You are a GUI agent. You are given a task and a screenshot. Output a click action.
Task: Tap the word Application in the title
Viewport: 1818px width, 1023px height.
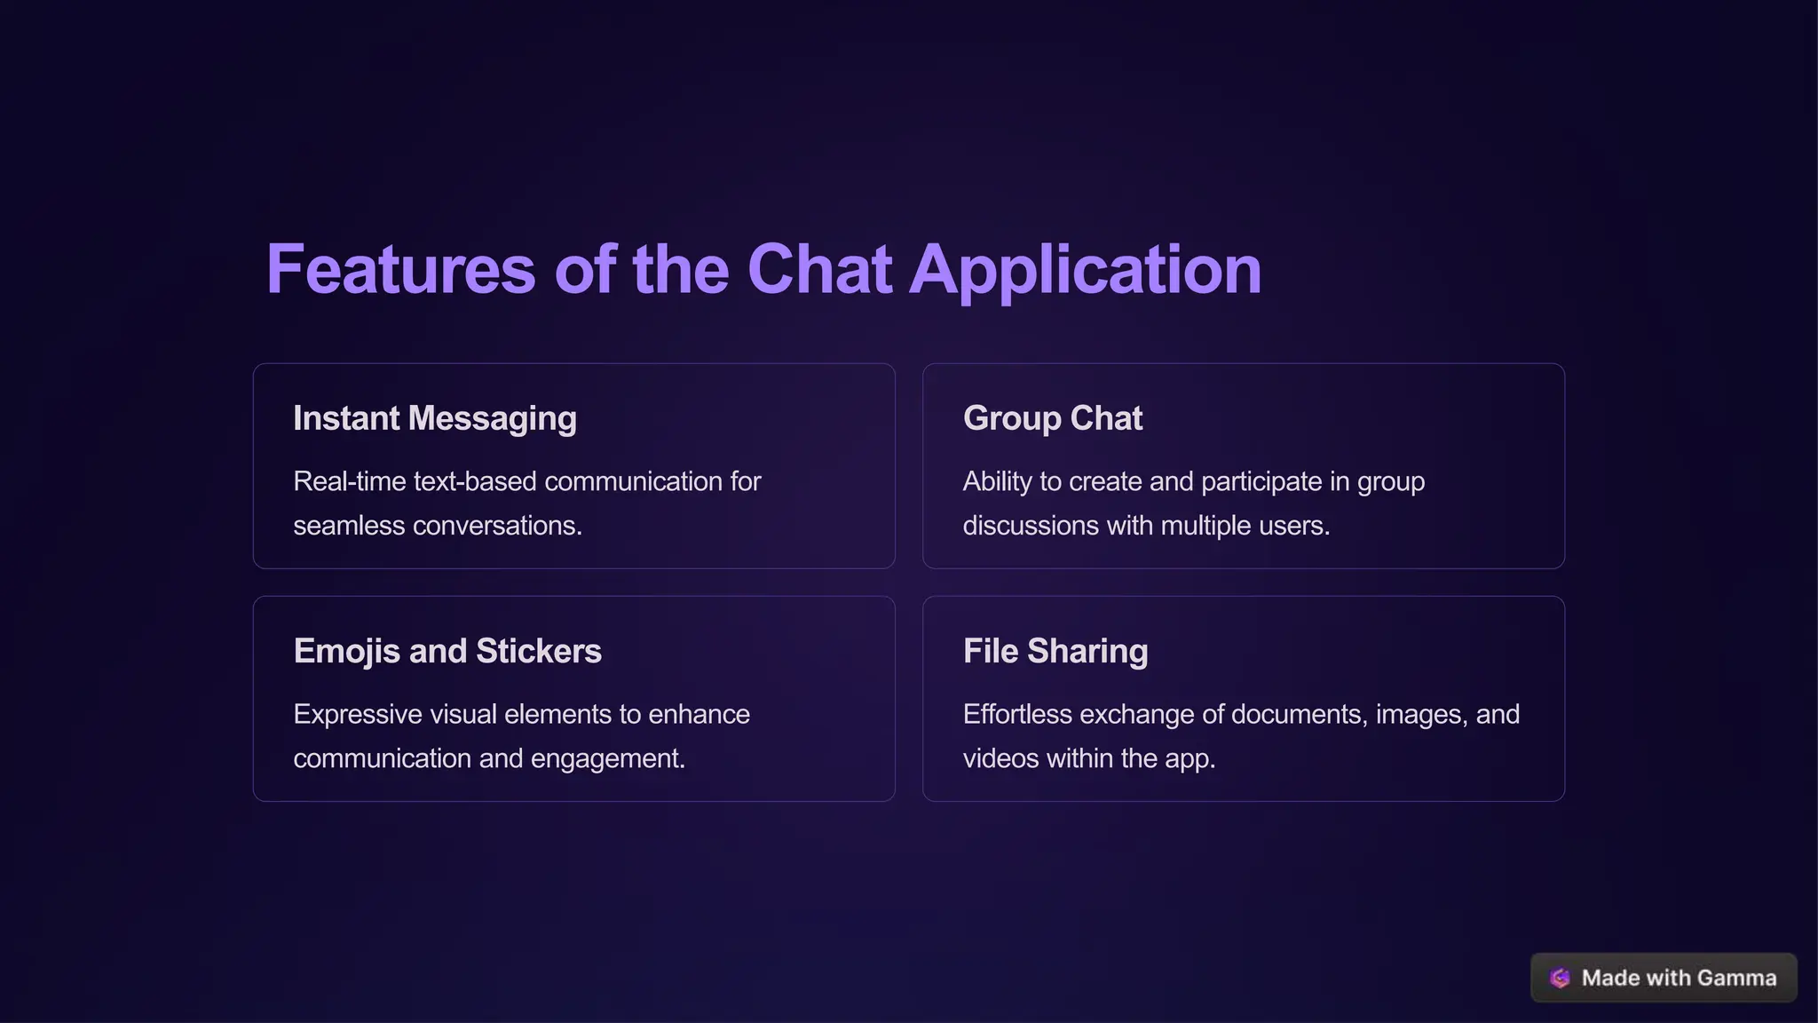(1085, 271)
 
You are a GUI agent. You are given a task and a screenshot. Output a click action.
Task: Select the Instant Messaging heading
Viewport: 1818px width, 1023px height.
(435, 418)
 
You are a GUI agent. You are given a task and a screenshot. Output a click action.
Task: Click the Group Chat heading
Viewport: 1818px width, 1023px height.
(1053, 418)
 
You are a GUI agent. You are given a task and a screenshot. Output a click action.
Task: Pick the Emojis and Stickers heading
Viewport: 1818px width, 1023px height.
(447, 651)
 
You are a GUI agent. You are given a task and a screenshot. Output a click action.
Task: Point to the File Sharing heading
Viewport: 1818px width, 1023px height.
(1055, 651)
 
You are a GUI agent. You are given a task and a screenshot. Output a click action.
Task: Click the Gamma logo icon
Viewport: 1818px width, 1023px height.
(1560, 978)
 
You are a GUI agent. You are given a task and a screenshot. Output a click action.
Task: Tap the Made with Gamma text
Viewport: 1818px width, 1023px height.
(1679, 978)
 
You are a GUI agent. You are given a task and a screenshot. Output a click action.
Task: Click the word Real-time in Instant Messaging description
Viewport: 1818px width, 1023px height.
(350, 481)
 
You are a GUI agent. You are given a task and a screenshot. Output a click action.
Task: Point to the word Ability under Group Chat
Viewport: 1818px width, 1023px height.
(998, 481)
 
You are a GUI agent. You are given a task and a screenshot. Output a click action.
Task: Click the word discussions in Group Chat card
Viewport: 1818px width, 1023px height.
(1031, 526)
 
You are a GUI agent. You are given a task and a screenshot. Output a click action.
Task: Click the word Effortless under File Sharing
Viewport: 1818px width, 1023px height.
(1017, 714)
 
